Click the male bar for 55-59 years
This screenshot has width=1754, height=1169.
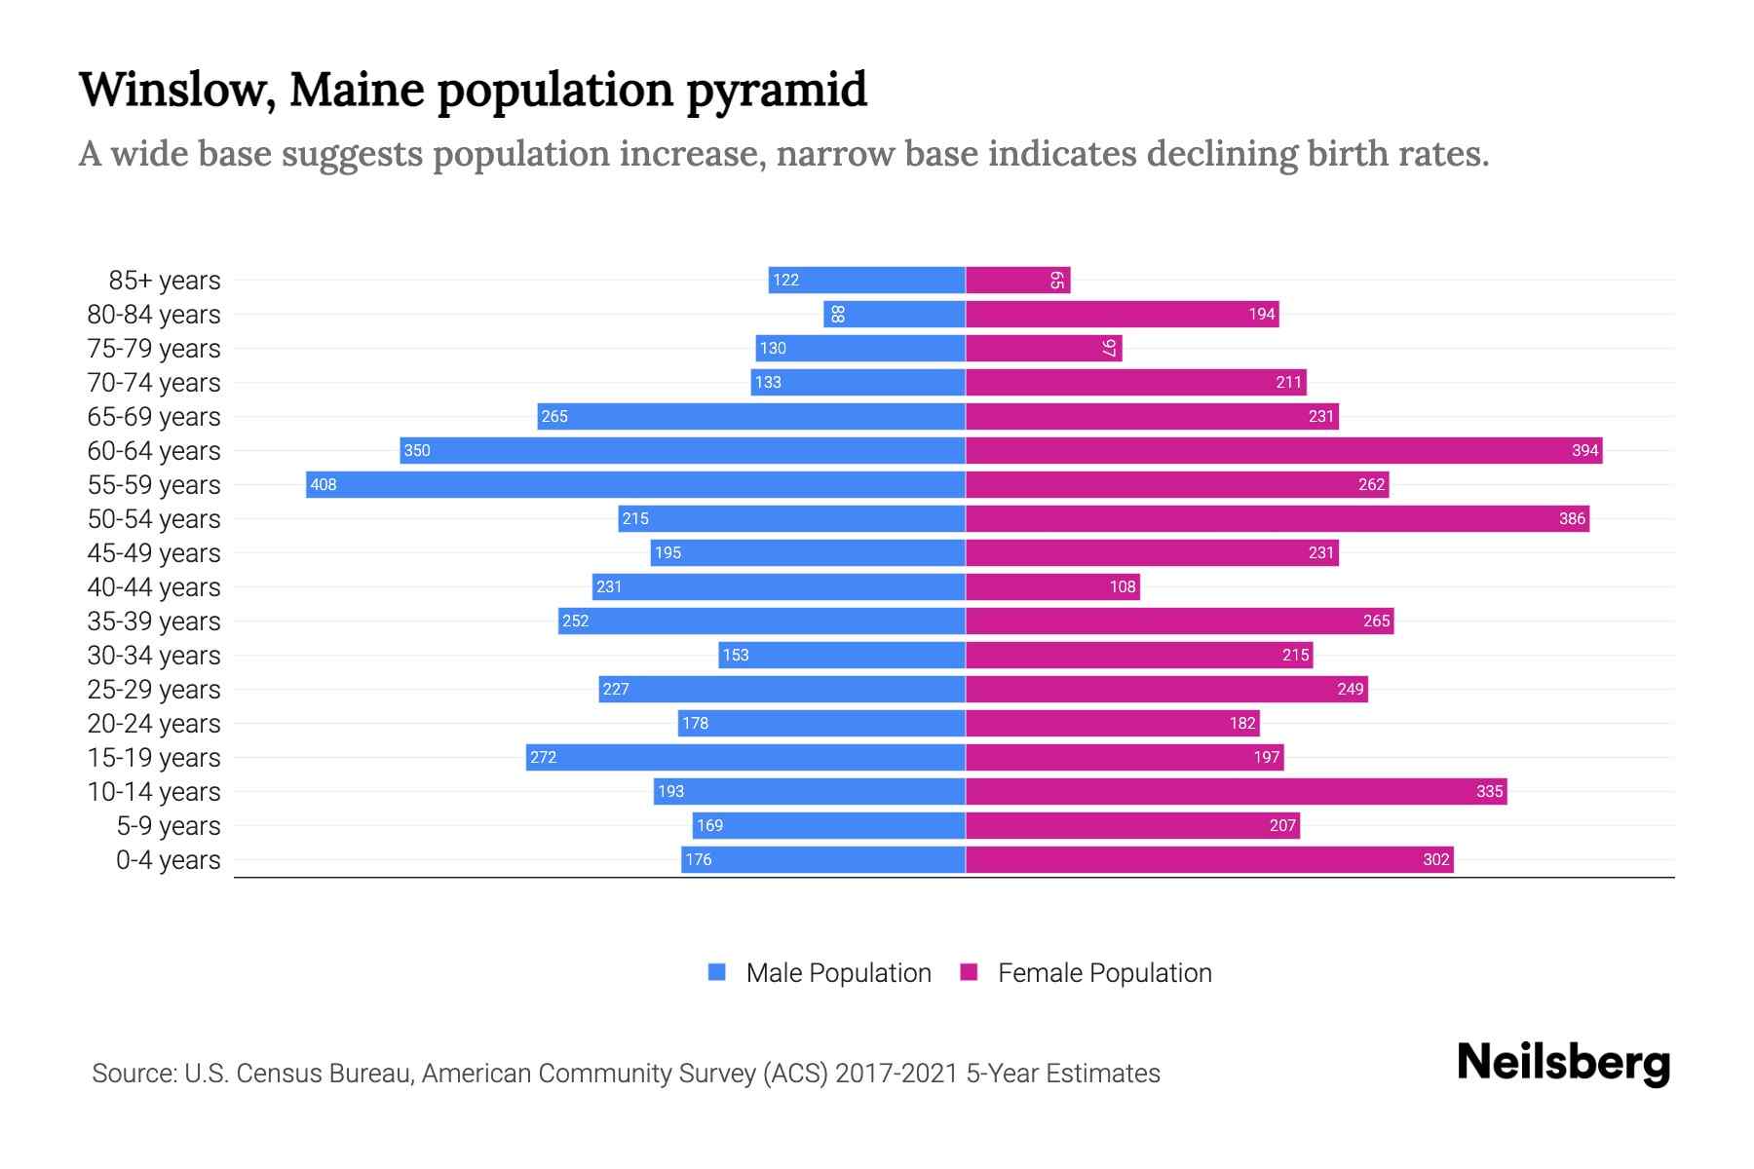coord(635,484)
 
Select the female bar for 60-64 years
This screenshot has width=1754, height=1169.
coord(1283,450)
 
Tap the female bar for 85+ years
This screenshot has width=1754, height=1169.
coord(1017,281)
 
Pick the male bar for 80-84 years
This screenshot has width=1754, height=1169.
coord(894,315)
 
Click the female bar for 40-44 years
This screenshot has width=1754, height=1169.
coord(1052,586)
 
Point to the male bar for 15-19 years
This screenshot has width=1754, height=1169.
coord(745,757)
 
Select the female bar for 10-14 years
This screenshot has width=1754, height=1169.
coord(1236,791)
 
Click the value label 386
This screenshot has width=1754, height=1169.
coord(1572,519)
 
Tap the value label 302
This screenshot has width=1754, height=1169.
coord(1435,860)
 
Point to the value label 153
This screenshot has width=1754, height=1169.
coord(736,656)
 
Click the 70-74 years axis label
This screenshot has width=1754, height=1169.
coord(154,383)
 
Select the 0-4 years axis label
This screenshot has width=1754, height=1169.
coord(168,860)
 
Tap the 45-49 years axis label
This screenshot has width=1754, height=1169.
coord(154,553)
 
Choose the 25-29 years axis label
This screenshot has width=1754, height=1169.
coord(154,690)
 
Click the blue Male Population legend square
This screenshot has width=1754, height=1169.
coord(717,972)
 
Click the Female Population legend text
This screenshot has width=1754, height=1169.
coord(1104,973)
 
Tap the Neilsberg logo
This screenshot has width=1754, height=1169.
coord(1563,1063)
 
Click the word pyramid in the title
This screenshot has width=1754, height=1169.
coord(776,91)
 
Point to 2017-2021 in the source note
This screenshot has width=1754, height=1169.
coord(896,1074)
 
